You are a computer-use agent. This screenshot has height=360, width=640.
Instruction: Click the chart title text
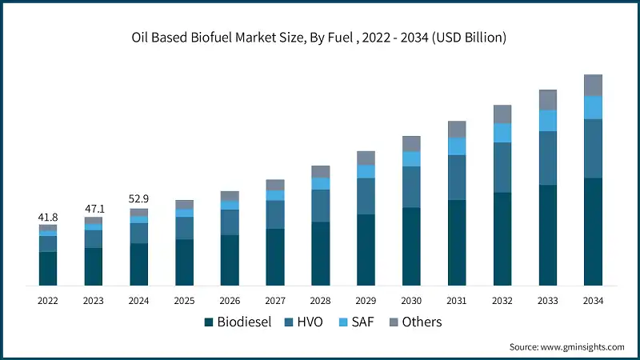tap(320, 38)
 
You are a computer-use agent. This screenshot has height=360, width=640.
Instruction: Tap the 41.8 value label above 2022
tap(48, 218)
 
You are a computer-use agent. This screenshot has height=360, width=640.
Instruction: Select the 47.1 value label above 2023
tap(94, 209)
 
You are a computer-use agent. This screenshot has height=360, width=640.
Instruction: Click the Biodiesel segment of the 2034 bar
tap(593, 231)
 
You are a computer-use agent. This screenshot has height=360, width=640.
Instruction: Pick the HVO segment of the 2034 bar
tap(593, 148)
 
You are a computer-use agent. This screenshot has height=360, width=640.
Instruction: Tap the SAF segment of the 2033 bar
tap(547, 120)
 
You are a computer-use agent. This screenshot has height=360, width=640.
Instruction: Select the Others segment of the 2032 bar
tap(502, 114)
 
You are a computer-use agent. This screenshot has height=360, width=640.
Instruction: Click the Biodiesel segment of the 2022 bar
tap(48, 268)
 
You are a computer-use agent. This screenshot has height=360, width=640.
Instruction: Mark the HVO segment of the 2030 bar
tap(411, 186)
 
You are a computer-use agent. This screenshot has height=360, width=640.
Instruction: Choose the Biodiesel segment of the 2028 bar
tap(320, 253)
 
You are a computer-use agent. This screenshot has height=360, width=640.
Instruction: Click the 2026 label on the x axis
tap(230, 301)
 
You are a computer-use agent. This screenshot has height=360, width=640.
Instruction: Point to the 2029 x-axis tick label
tap(366, 301)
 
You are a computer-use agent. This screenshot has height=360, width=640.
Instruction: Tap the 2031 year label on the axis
tap(456, 301)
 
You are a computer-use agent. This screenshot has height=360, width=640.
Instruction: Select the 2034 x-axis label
tap(593, 301)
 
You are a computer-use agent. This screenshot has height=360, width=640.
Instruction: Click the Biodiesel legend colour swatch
tap(209, 322)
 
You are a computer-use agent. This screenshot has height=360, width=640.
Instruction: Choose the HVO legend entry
tap(306, 322)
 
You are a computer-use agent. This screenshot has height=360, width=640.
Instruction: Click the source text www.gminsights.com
tap(566, 346)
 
